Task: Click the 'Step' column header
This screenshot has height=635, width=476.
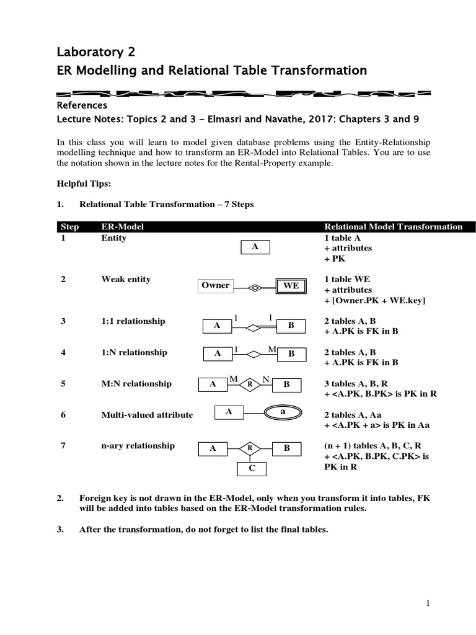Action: [69, 227]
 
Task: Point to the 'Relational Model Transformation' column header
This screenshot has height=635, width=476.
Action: [394, 227]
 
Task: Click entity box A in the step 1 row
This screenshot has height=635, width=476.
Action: [254, 247]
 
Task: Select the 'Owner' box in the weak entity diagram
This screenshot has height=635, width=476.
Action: [215, 286]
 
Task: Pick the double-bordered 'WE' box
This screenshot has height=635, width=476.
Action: [291, 286]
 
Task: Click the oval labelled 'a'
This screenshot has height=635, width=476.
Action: [283, 412]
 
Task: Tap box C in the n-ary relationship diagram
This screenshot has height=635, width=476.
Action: [252, 469]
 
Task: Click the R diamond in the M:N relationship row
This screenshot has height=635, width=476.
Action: [249, 384]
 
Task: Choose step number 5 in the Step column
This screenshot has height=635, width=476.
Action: [63, 384]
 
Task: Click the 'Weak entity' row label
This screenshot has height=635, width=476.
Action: [126, 280]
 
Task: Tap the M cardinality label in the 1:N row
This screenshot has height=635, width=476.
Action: [271, 350]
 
